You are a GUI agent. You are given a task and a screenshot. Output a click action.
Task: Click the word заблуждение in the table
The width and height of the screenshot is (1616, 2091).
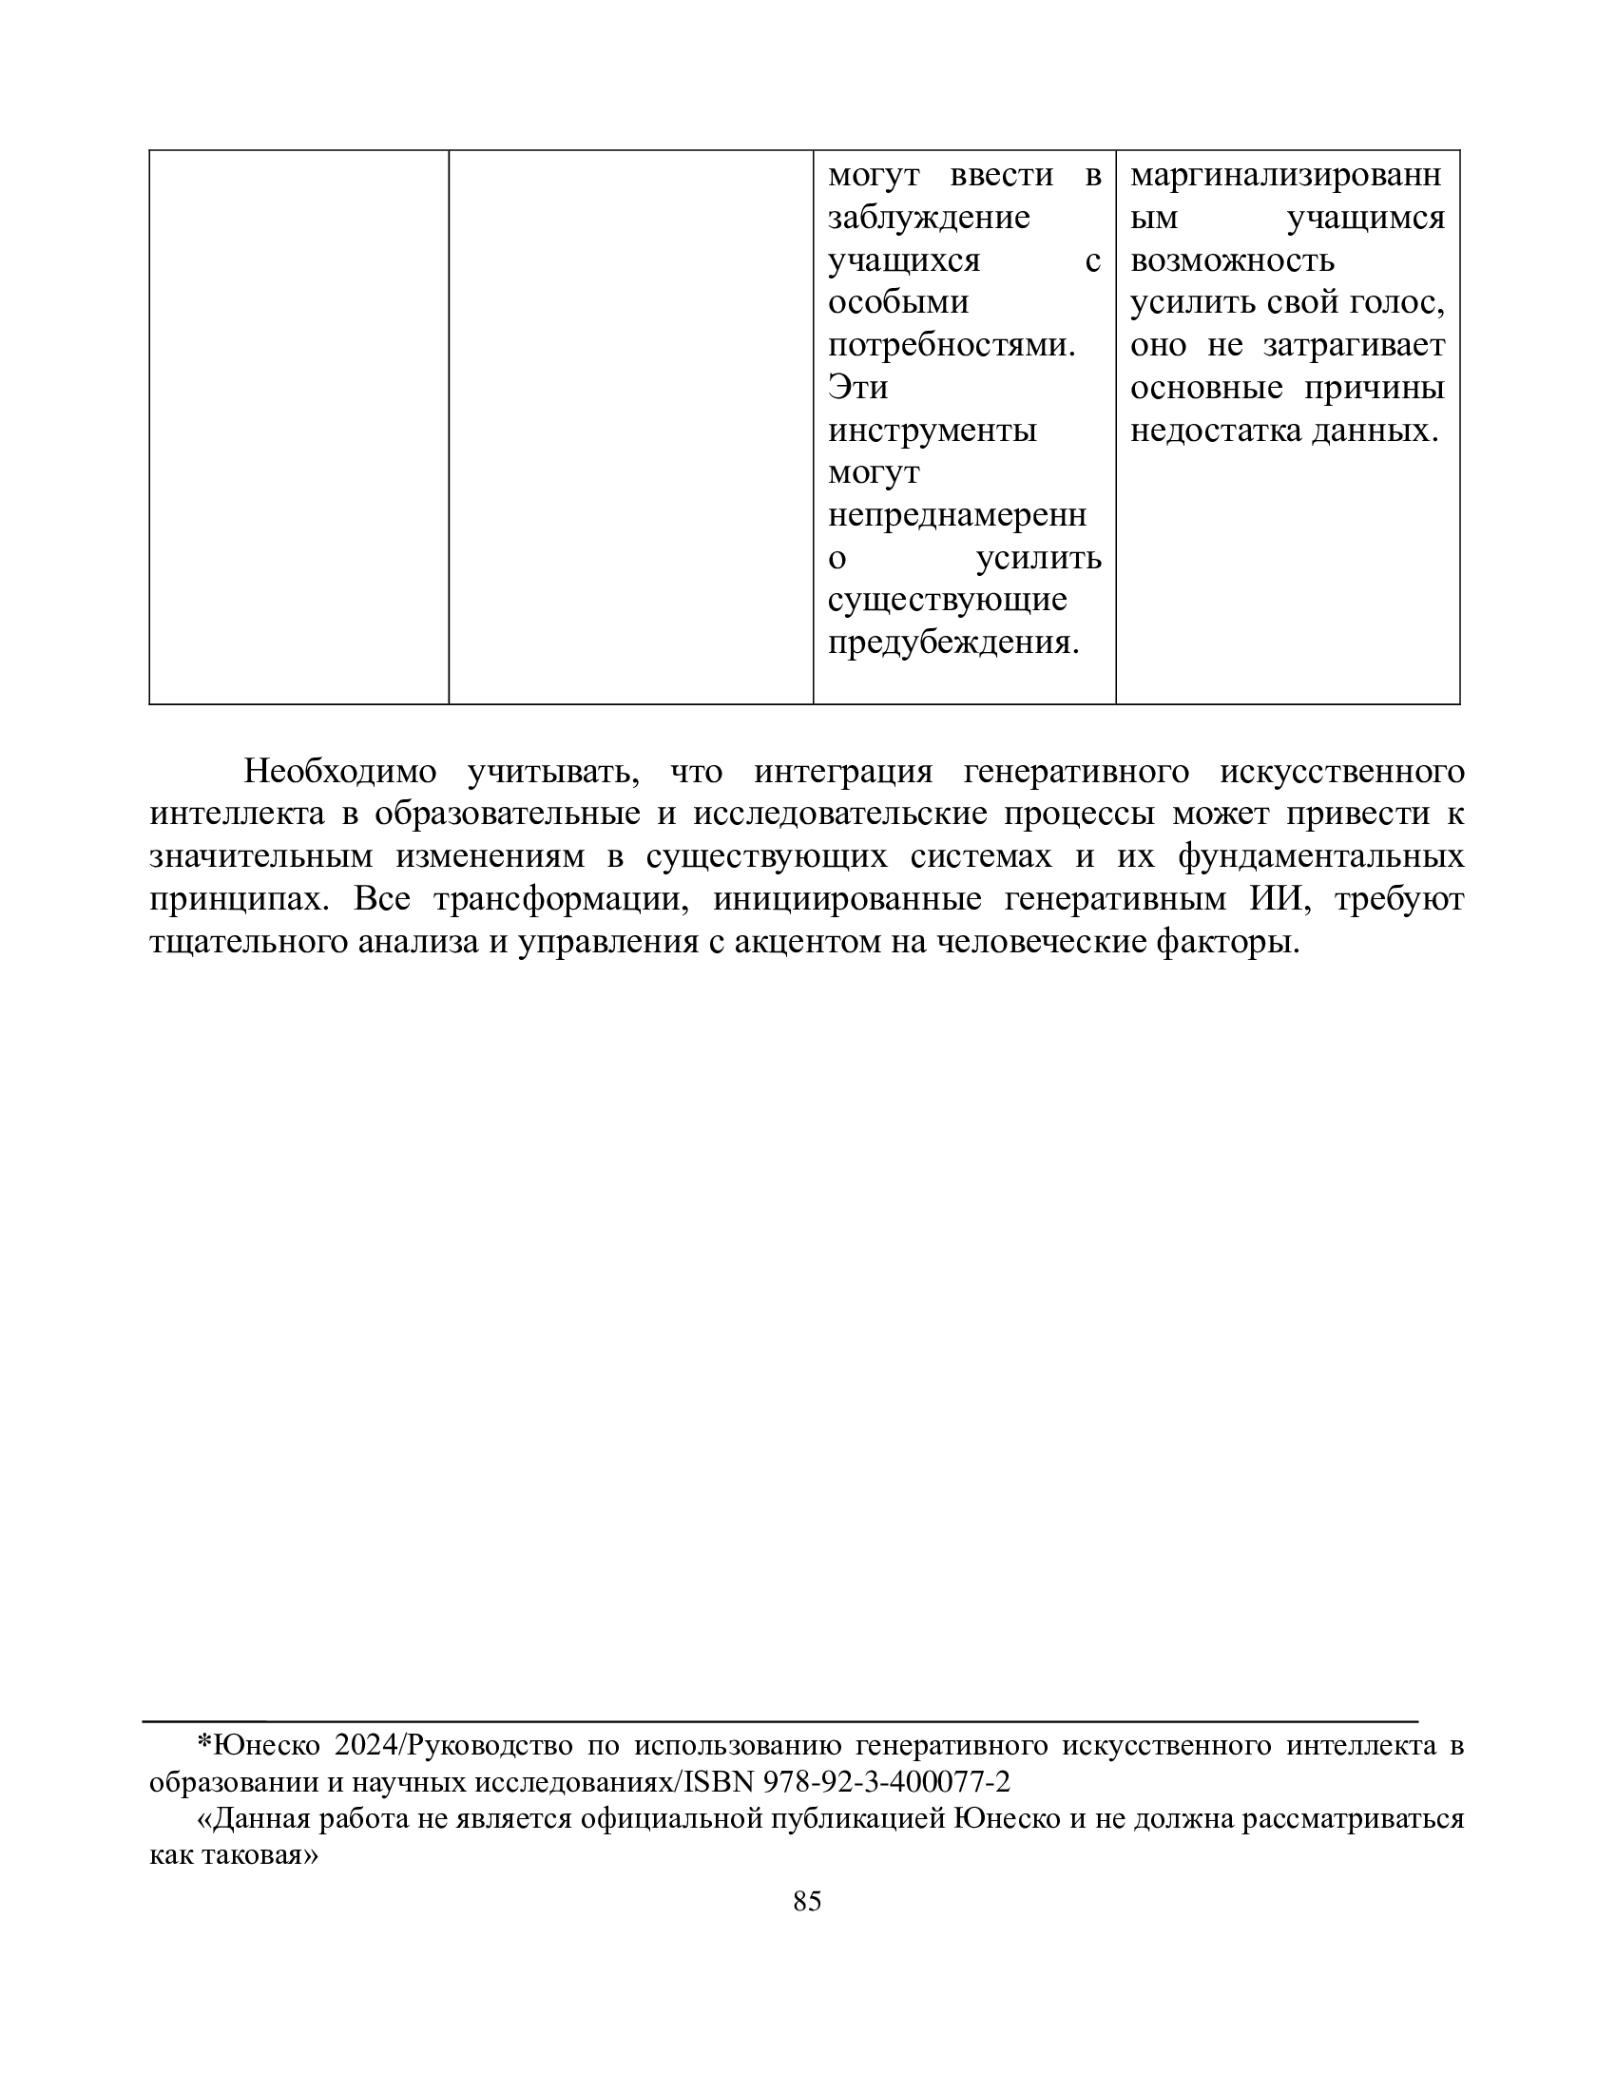click(x=928, y=219)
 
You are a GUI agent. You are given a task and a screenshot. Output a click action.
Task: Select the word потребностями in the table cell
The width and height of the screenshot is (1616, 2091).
click(x=950, y=346)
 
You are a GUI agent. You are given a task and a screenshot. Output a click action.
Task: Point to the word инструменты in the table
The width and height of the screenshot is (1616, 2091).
click(x=932, y=431)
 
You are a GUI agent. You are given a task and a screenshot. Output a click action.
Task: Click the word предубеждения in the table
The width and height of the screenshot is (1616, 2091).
click(x=952, y=643)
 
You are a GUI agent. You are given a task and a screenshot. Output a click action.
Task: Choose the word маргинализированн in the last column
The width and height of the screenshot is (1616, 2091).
click(x=1285, y=176)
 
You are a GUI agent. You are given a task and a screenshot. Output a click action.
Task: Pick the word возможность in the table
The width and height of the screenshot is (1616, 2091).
click(x=1231, y=260)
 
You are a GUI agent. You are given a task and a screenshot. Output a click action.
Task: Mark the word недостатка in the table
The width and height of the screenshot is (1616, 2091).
click(x=1216, y=431)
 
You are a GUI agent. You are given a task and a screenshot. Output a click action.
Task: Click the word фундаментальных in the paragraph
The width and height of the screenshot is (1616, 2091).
click(x=1320, y=856)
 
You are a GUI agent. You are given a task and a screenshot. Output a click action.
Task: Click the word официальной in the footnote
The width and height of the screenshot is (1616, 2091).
click(x=670, y=1818)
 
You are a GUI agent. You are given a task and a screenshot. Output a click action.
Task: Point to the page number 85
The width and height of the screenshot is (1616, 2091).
click(x=807, y=1902)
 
